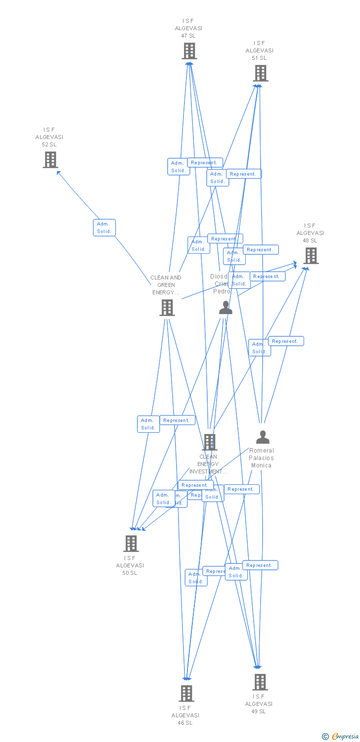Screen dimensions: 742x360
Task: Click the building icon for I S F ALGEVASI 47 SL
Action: tap(189, 50)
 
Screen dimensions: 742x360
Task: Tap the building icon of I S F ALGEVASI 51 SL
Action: tap(260, 73)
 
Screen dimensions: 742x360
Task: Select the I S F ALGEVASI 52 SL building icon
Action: tap(50, 159)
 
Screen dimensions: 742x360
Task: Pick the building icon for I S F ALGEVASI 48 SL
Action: tap(311, 256)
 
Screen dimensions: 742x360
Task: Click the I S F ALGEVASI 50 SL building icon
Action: tap(131, 543)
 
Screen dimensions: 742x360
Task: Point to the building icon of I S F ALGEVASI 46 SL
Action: tap(186, 693)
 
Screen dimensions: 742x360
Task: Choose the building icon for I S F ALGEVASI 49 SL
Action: tap(260, 682)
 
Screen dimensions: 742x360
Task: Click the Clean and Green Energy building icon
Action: tap(167, 307)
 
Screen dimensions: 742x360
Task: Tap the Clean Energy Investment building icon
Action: tap(210, 442)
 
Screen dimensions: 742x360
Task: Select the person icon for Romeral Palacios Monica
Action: tap(263, 437)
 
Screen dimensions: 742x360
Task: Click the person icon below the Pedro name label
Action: tap(225, 308)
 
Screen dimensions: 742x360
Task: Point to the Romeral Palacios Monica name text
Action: tap(262, 458)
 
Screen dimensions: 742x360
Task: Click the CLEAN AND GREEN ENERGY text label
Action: tap(166, 285)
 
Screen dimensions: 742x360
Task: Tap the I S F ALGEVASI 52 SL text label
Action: tap(49, 137)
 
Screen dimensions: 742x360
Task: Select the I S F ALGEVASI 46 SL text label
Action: tap(185, 715)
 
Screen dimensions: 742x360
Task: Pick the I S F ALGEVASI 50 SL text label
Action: tap(130, 565)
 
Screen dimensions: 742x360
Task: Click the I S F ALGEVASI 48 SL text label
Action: tap(310, 233)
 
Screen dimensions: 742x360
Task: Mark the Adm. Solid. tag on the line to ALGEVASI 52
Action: tap(104, 228)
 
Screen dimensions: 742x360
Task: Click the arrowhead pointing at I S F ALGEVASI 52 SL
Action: tap(58, 173)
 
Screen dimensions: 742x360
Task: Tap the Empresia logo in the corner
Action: tap(341, 736)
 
